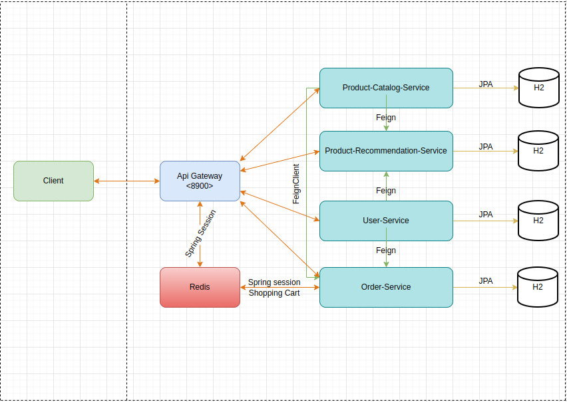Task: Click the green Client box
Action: (x=53, y=181)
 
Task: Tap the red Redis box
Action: (x=200, y=287)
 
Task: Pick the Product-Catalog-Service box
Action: (x=386, y=88)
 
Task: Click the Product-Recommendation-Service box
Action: (x=386, y=151)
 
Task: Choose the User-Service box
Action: (x=386, y=221)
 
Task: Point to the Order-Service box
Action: (x=386, y=287)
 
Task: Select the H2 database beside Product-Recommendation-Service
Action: (x=538, y=151)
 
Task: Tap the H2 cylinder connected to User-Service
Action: (x=538, y=221)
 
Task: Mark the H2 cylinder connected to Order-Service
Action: (x=538, y=287)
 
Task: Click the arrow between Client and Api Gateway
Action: (x=126, y=181)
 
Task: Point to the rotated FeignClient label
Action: (x=296, y=183)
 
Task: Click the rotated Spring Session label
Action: (x=200, y=234)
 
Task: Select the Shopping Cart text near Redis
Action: (x=274, y=293)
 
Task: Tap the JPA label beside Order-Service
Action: (x=486, y=281)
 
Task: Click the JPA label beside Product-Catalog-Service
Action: (x=486, y=84)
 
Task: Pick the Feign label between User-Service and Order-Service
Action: (x=386, y=251)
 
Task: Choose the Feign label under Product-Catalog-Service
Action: (x=386, y=118)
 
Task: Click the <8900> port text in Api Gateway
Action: (x=200, y=186)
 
